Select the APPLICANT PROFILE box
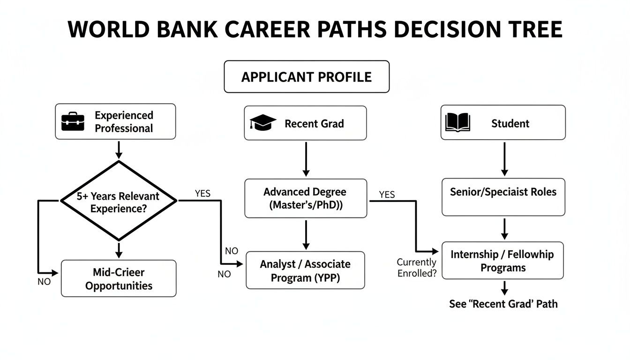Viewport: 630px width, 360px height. [x=307, y=77]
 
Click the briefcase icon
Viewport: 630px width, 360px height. [x=73, y=122]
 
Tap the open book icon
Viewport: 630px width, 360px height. [x=457, y=123]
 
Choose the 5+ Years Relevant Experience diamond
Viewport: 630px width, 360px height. [x=119, y=201]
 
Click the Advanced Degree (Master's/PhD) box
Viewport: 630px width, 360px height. [x=305, y=198]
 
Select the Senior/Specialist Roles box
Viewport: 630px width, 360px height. [x=503, y=197]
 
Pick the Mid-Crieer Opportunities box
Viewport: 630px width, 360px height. [x=119, y=278]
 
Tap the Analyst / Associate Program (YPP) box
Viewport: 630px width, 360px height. [x=305, y=270]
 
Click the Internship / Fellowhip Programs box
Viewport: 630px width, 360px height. [x=502, y=261]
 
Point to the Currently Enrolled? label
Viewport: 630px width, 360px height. [x=416, y=268]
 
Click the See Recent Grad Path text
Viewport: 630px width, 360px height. [x=503, y=304]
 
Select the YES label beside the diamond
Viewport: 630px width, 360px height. [x=202, y=193]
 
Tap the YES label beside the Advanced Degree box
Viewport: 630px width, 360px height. [x=387, y=194]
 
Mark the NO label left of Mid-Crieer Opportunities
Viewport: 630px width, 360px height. [x=44, y=282]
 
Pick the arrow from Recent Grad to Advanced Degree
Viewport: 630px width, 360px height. [x=306, y=159]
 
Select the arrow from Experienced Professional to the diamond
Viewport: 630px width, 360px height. [x=119, y=149]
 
